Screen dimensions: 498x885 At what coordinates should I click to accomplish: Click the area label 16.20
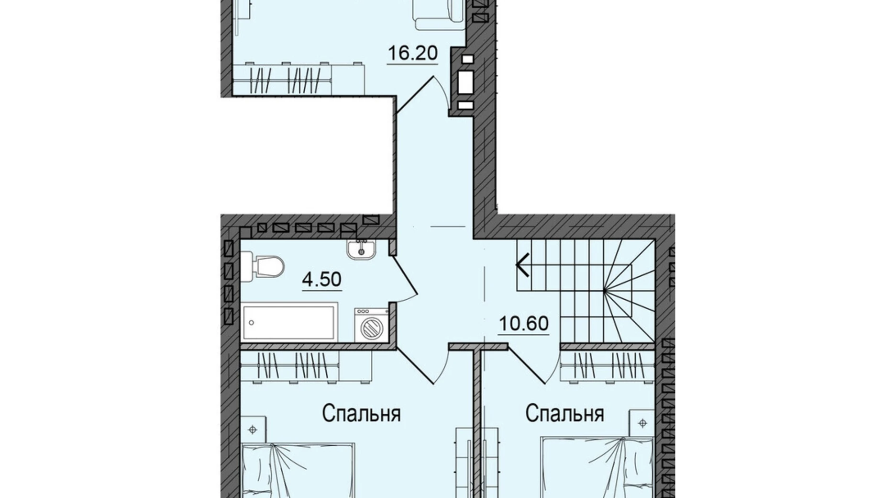412,53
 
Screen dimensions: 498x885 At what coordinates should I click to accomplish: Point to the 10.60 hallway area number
523,324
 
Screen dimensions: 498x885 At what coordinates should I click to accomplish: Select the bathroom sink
361,249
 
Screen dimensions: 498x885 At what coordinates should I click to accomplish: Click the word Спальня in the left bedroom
361,414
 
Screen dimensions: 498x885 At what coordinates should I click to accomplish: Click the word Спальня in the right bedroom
564,414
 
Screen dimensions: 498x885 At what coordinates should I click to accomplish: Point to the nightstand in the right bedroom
642,423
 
